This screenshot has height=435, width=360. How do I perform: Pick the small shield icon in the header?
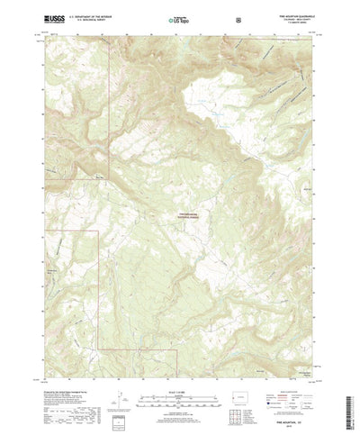[237, 17]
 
